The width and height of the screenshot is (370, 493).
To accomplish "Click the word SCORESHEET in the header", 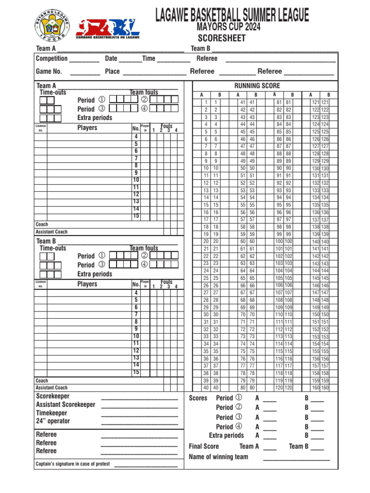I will tap(222, 38).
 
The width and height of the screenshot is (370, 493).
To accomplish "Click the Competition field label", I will tap(52, 58).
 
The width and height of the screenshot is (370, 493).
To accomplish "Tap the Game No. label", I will tap(49, 71).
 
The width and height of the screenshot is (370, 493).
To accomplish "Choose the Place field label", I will tap(112, 71).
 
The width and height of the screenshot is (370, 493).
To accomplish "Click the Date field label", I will tap(111, 58).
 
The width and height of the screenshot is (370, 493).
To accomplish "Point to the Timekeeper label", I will tap(52, 413).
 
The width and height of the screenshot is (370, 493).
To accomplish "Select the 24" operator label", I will tap(53, 421).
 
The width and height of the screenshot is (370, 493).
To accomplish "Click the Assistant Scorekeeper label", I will tap(66, 404).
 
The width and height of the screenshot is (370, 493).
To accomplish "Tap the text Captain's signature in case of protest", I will tap(73, 464).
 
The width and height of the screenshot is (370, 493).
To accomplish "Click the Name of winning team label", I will tap(218, 456).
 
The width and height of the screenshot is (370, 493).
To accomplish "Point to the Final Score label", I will tap(204, 446).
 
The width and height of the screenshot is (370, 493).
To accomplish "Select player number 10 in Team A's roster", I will tap(136, 180).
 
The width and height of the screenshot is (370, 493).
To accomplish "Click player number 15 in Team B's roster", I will tap(136, 372).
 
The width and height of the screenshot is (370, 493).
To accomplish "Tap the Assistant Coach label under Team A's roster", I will tap(52, 232).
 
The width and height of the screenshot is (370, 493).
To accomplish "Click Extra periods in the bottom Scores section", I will tap(226, 435).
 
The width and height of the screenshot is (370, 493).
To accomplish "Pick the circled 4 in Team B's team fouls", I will tap(144, 265).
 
